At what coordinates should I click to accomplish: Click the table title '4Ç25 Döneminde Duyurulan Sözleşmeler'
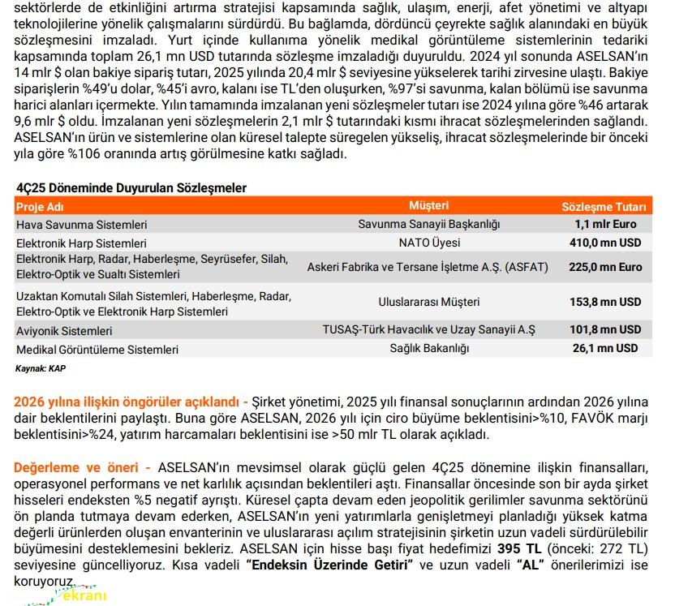point(131,187)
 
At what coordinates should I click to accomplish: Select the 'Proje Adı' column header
point(39,206)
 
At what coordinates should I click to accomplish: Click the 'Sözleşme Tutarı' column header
point(604,207)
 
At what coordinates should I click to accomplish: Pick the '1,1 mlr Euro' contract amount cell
point(605,224)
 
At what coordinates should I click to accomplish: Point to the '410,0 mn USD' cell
point(605,243)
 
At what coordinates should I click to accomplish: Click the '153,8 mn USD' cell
point(605,301)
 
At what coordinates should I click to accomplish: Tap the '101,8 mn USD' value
point(605,329)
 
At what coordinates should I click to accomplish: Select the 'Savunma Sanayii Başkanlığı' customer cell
point(429,224)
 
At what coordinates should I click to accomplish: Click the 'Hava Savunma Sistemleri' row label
point(81,224)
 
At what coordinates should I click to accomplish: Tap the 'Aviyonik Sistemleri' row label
point(64,331)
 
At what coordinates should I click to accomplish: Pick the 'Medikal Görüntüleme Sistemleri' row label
point(97,350)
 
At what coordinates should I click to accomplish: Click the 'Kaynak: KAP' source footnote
point(41,367)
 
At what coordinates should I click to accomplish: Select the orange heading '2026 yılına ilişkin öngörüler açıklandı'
point(127,402)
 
